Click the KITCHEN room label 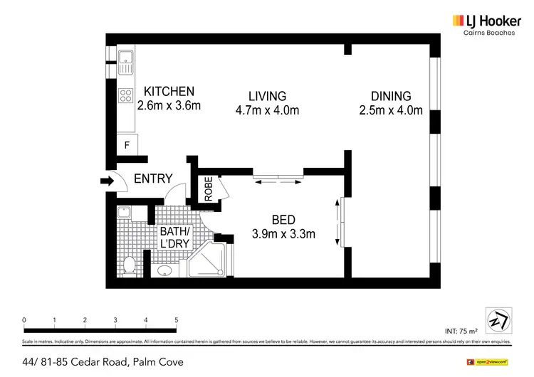pos(169,92)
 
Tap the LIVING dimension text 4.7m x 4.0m pos(267,110)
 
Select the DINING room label pos(390,96)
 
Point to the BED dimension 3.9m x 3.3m pos(283,233)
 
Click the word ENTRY pos(153,179)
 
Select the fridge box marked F pos(127,146)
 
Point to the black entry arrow pos(107,182)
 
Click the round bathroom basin pos(165,270)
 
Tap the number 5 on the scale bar pos(175,320)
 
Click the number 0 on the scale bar pos(24,320)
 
